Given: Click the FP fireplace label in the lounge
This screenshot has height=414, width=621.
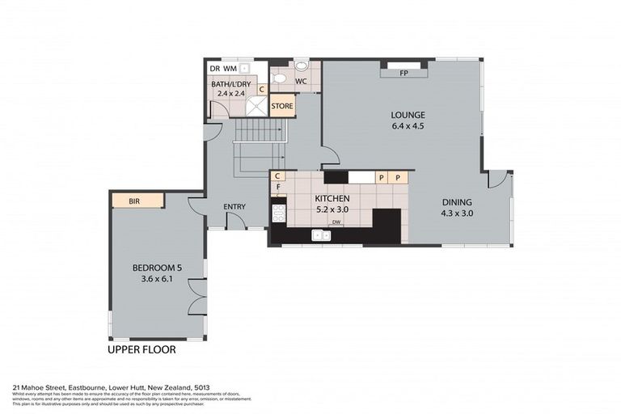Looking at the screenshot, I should click(x=403, y=74).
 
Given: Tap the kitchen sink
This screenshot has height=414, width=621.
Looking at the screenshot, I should click(x=321, y=235).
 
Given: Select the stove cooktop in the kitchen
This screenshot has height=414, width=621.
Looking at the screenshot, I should click(x=278, y=213).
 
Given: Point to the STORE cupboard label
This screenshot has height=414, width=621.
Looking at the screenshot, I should click(x=282, y=106).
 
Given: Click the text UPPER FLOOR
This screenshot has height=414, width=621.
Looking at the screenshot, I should click(x=142, y=351).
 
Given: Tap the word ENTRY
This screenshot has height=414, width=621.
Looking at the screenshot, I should click(x=234, y=207).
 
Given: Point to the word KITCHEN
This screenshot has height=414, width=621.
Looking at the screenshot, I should click(x=332, y=198).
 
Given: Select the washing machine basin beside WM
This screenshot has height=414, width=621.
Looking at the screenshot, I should click(x=244, y=70).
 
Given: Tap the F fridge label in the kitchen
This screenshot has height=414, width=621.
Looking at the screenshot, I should click(x=277, y=187).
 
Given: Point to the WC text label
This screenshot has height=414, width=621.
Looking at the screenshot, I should click(x=299, y=82).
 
